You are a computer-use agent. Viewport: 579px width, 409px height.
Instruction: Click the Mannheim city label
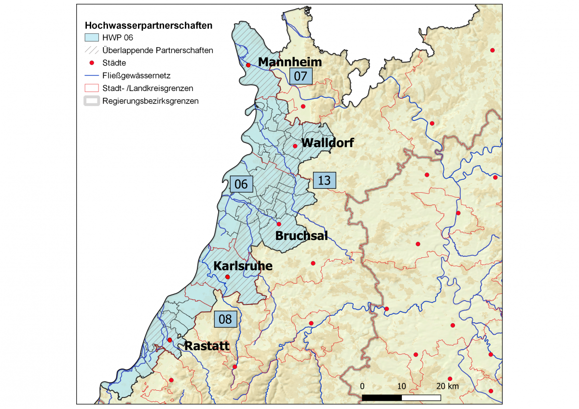[x=289, y=62]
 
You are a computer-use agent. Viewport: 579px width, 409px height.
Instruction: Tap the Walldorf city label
[x=327, y=143]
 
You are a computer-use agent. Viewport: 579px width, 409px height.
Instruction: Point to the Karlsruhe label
[x=243, y=266]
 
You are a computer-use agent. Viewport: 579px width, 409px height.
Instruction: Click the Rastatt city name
[x=207, y=346]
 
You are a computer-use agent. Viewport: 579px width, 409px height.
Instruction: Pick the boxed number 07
[x=301, y=76]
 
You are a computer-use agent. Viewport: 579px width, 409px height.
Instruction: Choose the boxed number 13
[x=324, y=180]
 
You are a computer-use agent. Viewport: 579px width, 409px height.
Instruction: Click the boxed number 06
[x=241, y=184]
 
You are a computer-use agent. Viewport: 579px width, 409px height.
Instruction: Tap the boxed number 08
[x=225, y=319]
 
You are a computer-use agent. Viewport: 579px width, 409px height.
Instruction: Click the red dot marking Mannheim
[x=248, y=65]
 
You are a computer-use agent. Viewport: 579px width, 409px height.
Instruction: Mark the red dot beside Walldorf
[x=295, y=146]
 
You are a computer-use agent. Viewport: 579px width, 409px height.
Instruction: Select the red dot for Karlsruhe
[x=227, y=277]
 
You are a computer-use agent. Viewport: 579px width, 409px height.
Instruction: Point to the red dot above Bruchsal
[x=278, y=224]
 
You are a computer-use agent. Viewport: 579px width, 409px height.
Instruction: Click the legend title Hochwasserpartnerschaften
[x=149, y=26]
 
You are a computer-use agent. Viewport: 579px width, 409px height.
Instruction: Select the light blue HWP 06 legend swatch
[x=92, y=38]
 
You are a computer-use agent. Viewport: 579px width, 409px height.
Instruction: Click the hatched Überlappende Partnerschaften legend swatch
[x=92, y=50]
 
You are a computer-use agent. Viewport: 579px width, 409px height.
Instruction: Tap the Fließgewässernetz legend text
[x=136, y=76]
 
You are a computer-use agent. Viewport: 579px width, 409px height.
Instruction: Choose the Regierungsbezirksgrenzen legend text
[x=150, y=101]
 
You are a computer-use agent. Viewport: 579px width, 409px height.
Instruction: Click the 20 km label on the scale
[x=447, y=386]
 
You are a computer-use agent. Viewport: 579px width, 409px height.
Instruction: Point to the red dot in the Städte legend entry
[x=92, y=63]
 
